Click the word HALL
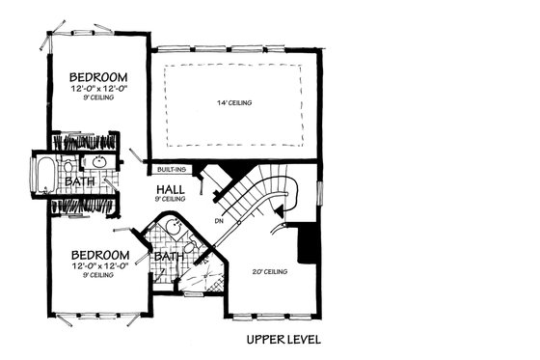[x=170, y=188]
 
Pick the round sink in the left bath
[x=101, y=161]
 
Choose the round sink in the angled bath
[x=171, y=229]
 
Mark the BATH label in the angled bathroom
[x=170, y=258]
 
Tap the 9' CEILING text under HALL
[x=170, y=199]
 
